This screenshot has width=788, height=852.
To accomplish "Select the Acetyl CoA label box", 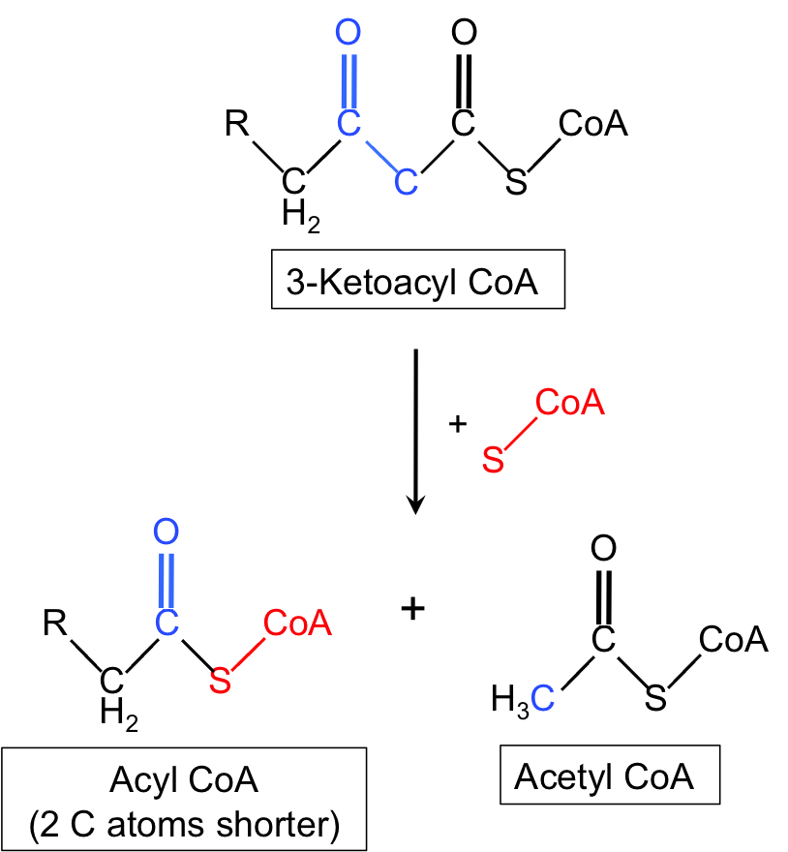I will tap(609, 776).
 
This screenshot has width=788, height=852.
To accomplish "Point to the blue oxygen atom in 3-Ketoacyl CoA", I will tap(349, 34).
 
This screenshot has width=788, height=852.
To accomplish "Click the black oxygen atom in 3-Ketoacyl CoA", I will tap(465, 34).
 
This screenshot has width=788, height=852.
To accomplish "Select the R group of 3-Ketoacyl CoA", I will tap(236, 124).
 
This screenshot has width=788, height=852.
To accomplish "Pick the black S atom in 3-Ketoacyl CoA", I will tap(517, 182).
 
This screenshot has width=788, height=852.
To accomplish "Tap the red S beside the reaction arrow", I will tap(494, 461).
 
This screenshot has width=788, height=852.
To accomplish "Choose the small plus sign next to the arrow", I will tap(458, 423).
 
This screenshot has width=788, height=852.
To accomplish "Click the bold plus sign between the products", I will tap(413, 608).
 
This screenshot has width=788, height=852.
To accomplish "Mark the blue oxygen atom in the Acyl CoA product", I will tap(167, 532).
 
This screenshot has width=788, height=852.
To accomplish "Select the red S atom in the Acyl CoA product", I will tap(221, 681).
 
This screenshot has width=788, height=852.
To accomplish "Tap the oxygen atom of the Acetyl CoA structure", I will tap(603, 549).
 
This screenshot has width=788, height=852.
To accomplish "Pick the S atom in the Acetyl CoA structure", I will tap(656, 698).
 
